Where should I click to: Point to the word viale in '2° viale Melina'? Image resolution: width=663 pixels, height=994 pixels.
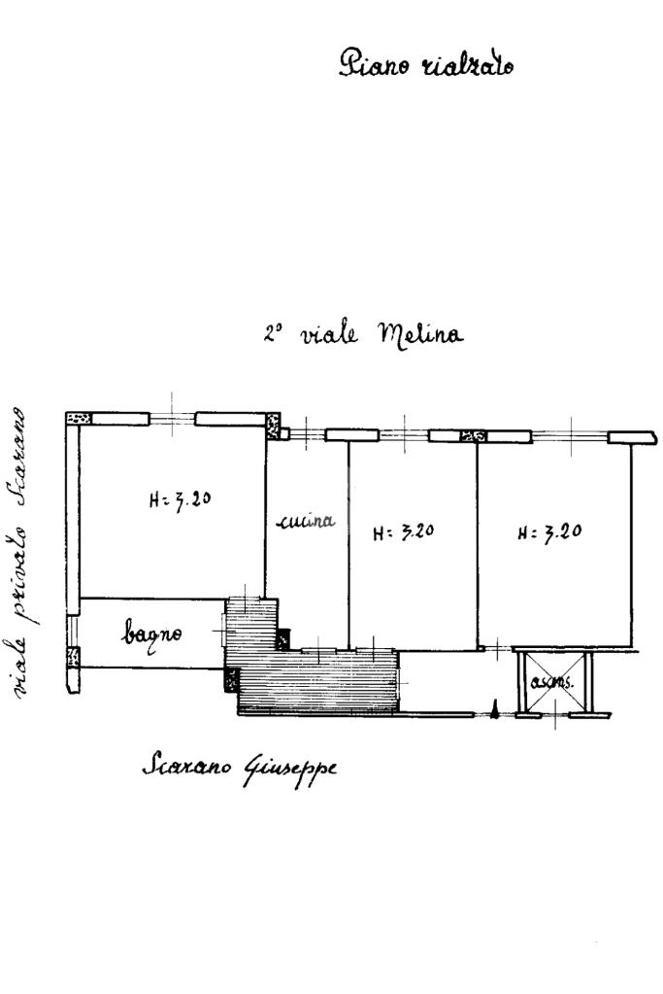tap(328, 334)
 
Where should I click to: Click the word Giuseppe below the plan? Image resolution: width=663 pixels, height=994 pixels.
tap(290, 768)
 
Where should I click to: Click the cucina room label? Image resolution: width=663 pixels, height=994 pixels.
tap(306, 522)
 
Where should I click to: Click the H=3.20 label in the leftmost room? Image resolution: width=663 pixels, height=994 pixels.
tap(182, 500)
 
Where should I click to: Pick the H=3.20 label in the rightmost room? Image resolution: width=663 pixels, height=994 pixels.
tap(549, 532)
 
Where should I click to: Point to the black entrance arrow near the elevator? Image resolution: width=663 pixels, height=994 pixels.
tap(494, 711)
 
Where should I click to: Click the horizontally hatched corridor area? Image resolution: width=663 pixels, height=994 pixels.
tap(320, 680)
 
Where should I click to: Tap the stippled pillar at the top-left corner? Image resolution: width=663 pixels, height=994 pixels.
tap(78, 419)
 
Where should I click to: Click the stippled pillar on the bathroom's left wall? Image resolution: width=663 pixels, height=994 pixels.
tap(73, 657)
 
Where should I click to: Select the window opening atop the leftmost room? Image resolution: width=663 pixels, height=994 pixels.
tap(172, 419)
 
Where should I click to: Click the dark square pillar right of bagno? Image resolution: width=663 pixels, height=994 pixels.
tap(282, 639)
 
